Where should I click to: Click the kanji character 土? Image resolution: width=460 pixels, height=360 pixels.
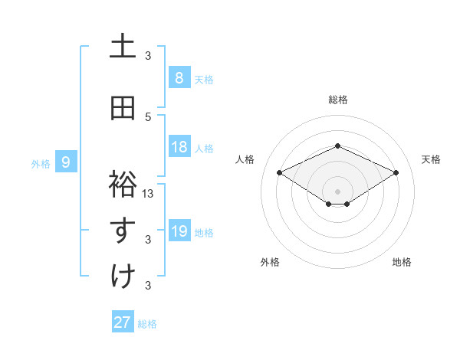[x=123, y=46]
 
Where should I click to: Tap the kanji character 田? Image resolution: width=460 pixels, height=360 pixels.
[x=123, y=108]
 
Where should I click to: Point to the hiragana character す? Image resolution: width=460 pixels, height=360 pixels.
[x=123, y=230]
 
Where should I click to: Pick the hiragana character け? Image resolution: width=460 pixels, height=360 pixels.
[x=123, y=276]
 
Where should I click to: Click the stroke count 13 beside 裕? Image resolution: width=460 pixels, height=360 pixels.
[x=149, y=193]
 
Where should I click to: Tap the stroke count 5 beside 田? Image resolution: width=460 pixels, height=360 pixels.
[x=149, y=116]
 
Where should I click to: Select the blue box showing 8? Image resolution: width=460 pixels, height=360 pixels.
[x=179, y=78]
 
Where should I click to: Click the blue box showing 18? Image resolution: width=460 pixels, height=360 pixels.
[x=179, y=147]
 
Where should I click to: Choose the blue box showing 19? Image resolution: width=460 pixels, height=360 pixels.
[x=179, y=231]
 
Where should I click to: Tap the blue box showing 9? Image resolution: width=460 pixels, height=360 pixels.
[x=66, y=162]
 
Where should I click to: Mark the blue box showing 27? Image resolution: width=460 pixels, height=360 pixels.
[x=123, y=322]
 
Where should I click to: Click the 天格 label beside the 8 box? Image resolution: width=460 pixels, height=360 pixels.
[x=204, y=79]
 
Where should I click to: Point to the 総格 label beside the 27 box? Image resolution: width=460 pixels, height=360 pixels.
[x=148, y=323]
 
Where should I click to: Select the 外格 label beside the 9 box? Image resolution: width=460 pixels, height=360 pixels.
[x=41, y=163]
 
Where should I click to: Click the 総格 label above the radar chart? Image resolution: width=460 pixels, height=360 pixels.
[x=337, y=100]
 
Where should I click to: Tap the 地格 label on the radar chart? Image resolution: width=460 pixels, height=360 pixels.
[x=402, y=262]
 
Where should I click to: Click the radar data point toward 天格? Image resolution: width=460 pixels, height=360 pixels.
[x=396, y=173]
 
